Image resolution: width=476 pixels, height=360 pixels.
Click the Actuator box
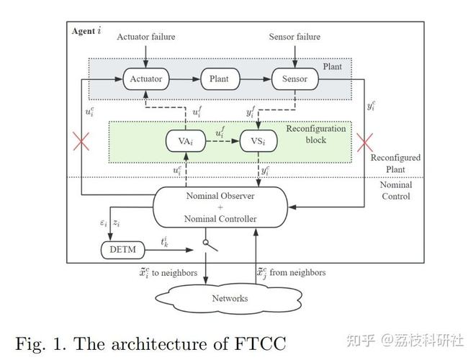click(x=146, y=79)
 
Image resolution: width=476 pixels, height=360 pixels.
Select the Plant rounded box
click(x=220, y=79)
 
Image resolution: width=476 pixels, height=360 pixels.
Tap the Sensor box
click(x=295, y=79)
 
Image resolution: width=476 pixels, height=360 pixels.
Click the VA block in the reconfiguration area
click(x=186, y=141)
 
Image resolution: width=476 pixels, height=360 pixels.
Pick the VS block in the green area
click(x=259, y=141)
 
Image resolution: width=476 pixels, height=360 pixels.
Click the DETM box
click(x=122, y=250)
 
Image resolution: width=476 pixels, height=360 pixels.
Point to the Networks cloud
click(x=229, y=299)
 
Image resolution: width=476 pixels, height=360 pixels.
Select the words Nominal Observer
click(x=220, y=196)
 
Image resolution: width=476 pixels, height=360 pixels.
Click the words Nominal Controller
click(x=220, y=219)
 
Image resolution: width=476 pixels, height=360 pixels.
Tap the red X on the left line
click(x=81, y=141)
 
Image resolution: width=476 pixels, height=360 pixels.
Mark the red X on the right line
click(x=364, y=143)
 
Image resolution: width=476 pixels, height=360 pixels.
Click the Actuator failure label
click(x=146, y=37)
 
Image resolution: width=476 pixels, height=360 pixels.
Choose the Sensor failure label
click(x=295, y=37)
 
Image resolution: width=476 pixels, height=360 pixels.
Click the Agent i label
click(x=86, y=31)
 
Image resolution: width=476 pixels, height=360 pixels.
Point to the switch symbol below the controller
click(x=210, y=246)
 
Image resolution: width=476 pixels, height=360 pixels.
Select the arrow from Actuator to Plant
click(x=185, y=79)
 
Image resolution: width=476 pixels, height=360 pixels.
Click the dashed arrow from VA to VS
click(x=223, y=141)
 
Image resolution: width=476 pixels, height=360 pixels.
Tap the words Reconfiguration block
click(x=316, y=134)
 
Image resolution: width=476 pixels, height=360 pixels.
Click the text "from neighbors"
click(x=297, y=273)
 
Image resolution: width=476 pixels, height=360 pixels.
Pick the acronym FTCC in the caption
click(x=260, y=343)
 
